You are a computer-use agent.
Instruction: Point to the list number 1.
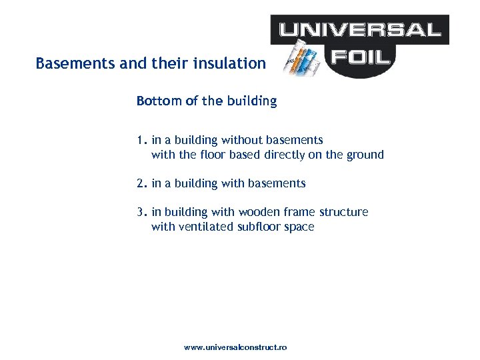click(139, 140)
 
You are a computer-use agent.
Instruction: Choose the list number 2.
click(140, 183)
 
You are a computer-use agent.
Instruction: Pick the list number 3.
click(140, 212)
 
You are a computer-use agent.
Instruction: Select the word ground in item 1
click(366, 155)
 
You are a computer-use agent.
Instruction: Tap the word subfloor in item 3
click(258, 227)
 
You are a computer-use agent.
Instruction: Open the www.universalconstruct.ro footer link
click(235, 348)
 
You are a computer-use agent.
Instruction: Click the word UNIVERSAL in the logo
click(360, 29)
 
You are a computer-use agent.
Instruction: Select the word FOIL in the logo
click(364, 56)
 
